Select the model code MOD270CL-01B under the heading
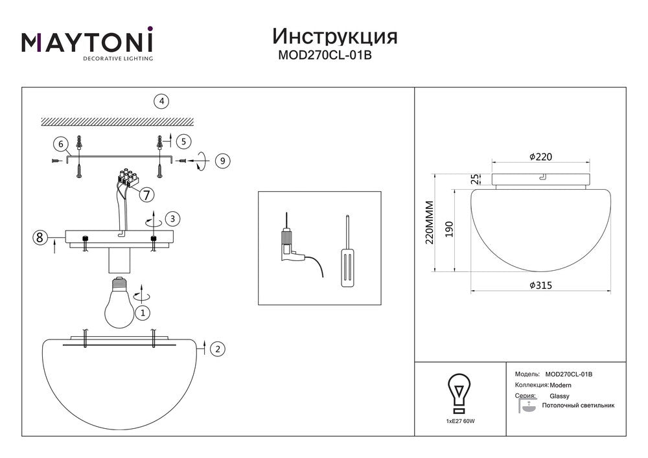tap(324, 56)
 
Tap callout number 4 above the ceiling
tap(161, 101)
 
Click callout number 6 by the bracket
tap(60, 144)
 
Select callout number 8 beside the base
tap(40, 238)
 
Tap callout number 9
tap(222, 160)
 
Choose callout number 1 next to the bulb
tap(143, 312)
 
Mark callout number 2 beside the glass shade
tap(218, 349)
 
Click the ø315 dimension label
tap(540, 285)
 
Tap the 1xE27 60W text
tap(461, 421)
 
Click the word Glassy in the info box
tap(559, 395)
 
